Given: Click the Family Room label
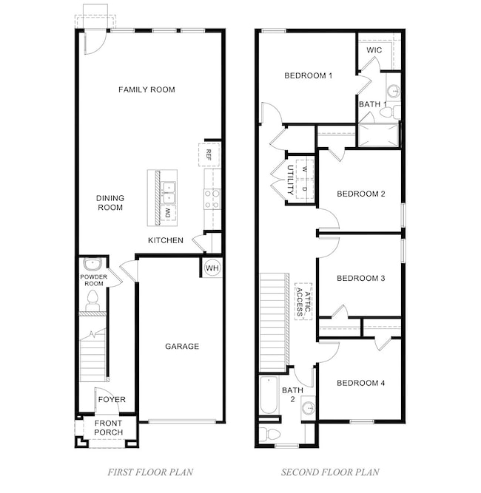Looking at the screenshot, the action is [x=147, y=89].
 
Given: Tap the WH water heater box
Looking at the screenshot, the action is [x=212, y=268].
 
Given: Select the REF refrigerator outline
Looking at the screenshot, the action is [x=209, y=154].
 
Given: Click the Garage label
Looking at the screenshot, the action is [x=182, y=346].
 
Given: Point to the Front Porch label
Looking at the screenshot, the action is [x=109, y=428].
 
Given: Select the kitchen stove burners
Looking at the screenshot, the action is [x=212, y=200].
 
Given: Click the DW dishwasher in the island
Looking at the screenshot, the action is [x=168, y=213].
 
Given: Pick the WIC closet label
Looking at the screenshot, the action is [x=374, y=50].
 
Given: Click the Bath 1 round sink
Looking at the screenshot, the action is [x=393, y=91].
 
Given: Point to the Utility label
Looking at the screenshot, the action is [x=291, y=180].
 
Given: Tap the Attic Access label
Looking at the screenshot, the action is [x=303, y=302].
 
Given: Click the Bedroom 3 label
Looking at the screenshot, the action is [x=361, y=278].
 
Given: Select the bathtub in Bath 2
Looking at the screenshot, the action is [x=269, y=395].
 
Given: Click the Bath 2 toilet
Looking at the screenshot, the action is [x=269, y=435].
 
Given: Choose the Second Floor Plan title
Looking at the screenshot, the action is [x=330, y=472].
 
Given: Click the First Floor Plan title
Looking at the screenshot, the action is [x=150, y=472].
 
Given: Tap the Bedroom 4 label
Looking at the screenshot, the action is [x=361, y=383].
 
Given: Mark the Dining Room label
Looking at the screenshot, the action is [x=110, y=203].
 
